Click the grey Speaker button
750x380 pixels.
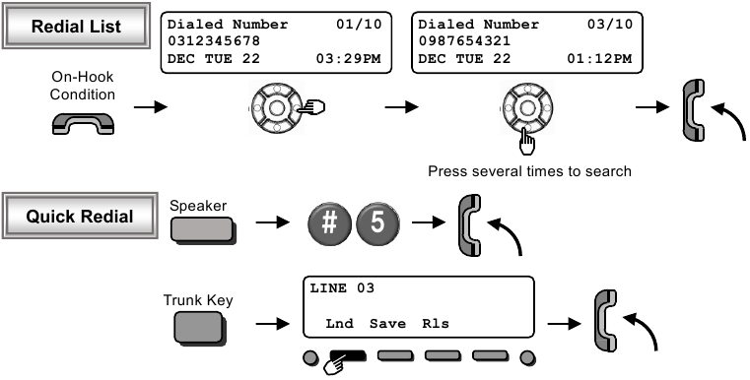pos(201,228)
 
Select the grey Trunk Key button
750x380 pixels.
pos(201,326)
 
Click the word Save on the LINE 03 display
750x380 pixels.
pos(387,323)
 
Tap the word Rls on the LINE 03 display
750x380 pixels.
pos(436,323)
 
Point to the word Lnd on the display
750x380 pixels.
pos(339,323)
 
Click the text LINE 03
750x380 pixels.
pos(337,288)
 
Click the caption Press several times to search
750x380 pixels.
pos(528,171)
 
